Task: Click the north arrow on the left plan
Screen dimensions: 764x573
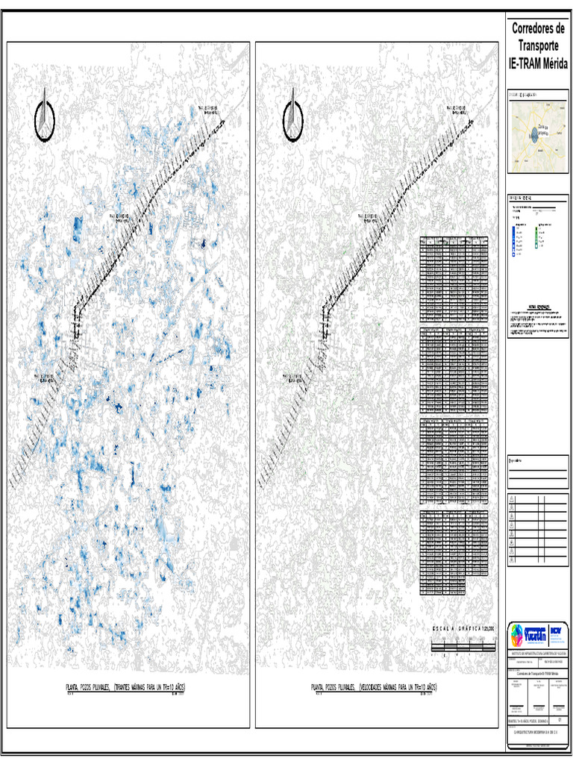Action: (46, 117)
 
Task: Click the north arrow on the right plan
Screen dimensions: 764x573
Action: (294, 117)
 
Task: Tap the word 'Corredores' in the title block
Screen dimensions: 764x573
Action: (538, 29)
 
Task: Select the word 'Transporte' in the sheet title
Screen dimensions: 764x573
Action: (538, 46)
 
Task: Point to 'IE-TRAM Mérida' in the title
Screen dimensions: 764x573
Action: (538, 64)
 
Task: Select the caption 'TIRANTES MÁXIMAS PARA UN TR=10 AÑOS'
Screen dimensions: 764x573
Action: (152, 686)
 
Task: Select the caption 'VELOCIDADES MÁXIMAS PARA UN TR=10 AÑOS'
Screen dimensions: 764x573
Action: (398, 686)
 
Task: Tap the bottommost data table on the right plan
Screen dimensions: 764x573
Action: (454, 552)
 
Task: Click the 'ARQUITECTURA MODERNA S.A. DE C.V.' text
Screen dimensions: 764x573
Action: (537, 733)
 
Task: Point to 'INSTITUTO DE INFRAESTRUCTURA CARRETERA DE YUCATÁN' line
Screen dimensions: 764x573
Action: (537, 653)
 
